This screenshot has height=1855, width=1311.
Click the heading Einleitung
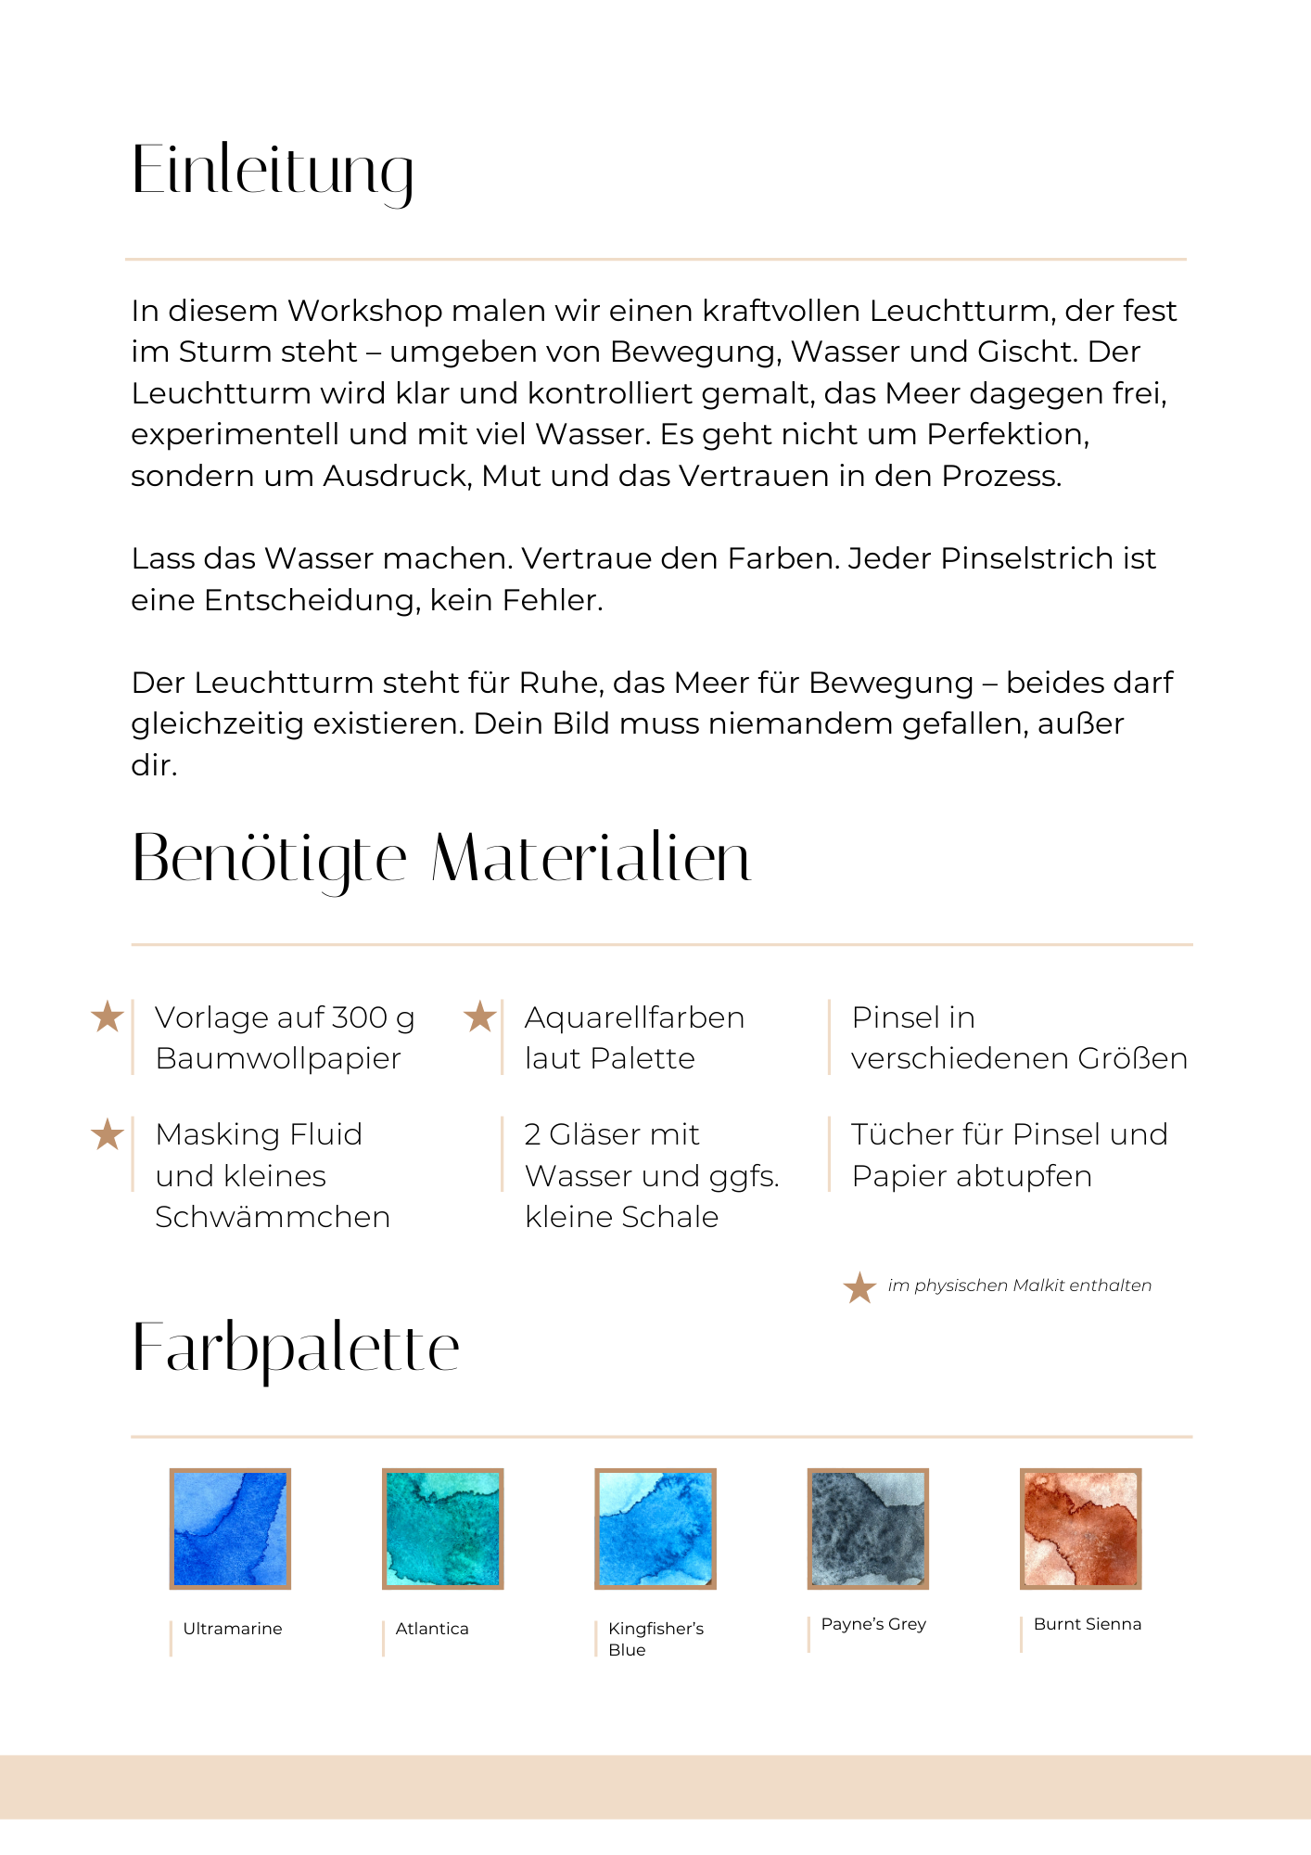[x=273, y=171]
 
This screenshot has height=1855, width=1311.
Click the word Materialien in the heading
[x=591, y=858]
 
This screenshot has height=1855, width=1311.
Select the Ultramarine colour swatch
[x=230, y=1529]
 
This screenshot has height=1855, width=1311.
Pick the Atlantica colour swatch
[x=442, y=1529]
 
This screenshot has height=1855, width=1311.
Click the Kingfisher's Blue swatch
[x=655, y=1529]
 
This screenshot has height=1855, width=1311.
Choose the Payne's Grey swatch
[x=868, y=1529]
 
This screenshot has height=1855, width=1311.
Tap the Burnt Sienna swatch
[x=1080, y=1529]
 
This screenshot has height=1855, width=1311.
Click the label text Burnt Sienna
[x=1087, y=1624]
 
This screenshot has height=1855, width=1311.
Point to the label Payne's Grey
[x=873, y=1624]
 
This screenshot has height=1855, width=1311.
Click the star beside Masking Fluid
[x=108, y=1134]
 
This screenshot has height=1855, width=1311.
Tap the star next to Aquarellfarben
[x=479, y=1017]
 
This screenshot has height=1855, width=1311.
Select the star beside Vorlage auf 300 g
[x=108, y=1017]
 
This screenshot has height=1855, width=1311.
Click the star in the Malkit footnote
[x=859, y=1286]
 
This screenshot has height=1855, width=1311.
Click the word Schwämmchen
[x=273, y=1217]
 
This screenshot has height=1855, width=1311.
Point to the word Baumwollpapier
[x=278, y=1058]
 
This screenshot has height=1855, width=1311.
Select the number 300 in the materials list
[x=359, y=1017]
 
